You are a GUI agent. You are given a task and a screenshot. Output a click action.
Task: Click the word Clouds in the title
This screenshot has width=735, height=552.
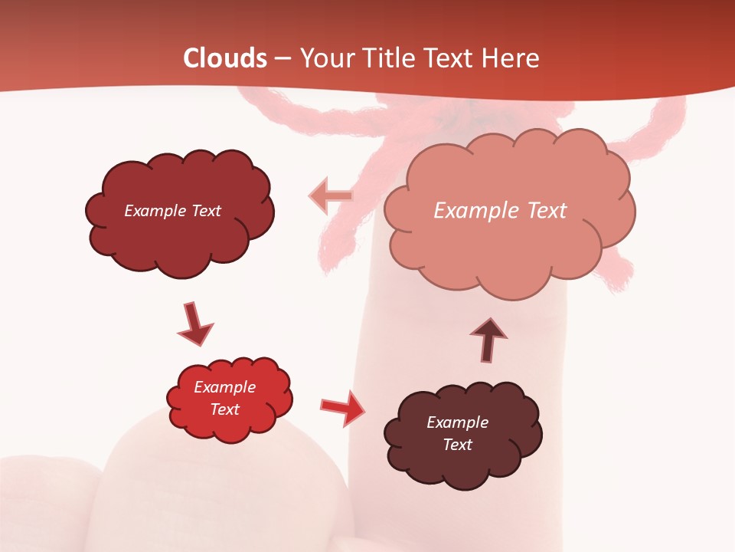(225, 58)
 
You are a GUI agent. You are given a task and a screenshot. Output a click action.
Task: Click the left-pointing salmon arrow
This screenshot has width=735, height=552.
(330, 195)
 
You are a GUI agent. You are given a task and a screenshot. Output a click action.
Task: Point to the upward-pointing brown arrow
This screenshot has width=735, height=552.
(488, 339)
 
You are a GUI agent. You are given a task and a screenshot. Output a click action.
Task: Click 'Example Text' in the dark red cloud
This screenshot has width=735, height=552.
(172, 211)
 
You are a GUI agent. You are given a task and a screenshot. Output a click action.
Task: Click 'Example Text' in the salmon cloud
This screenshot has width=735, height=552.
(500, 211)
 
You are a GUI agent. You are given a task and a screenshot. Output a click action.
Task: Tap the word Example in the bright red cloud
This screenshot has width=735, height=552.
(224, 387)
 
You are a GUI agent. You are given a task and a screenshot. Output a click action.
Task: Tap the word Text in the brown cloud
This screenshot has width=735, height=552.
(457, 445)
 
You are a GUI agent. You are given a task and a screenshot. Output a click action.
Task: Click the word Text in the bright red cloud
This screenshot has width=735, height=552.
(224, 409)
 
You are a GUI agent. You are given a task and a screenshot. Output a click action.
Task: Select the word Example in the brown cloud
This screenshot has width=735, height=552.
(457, 422)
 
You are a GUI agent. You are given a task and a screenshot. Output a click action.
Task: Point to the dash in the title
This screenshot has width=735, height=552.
(283, 58)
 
